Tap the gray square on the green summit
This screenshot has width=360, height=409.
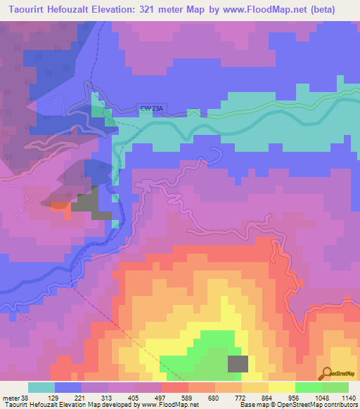click(238, 363)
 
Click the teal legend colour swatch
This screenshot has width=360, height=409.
click(41, 387)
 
